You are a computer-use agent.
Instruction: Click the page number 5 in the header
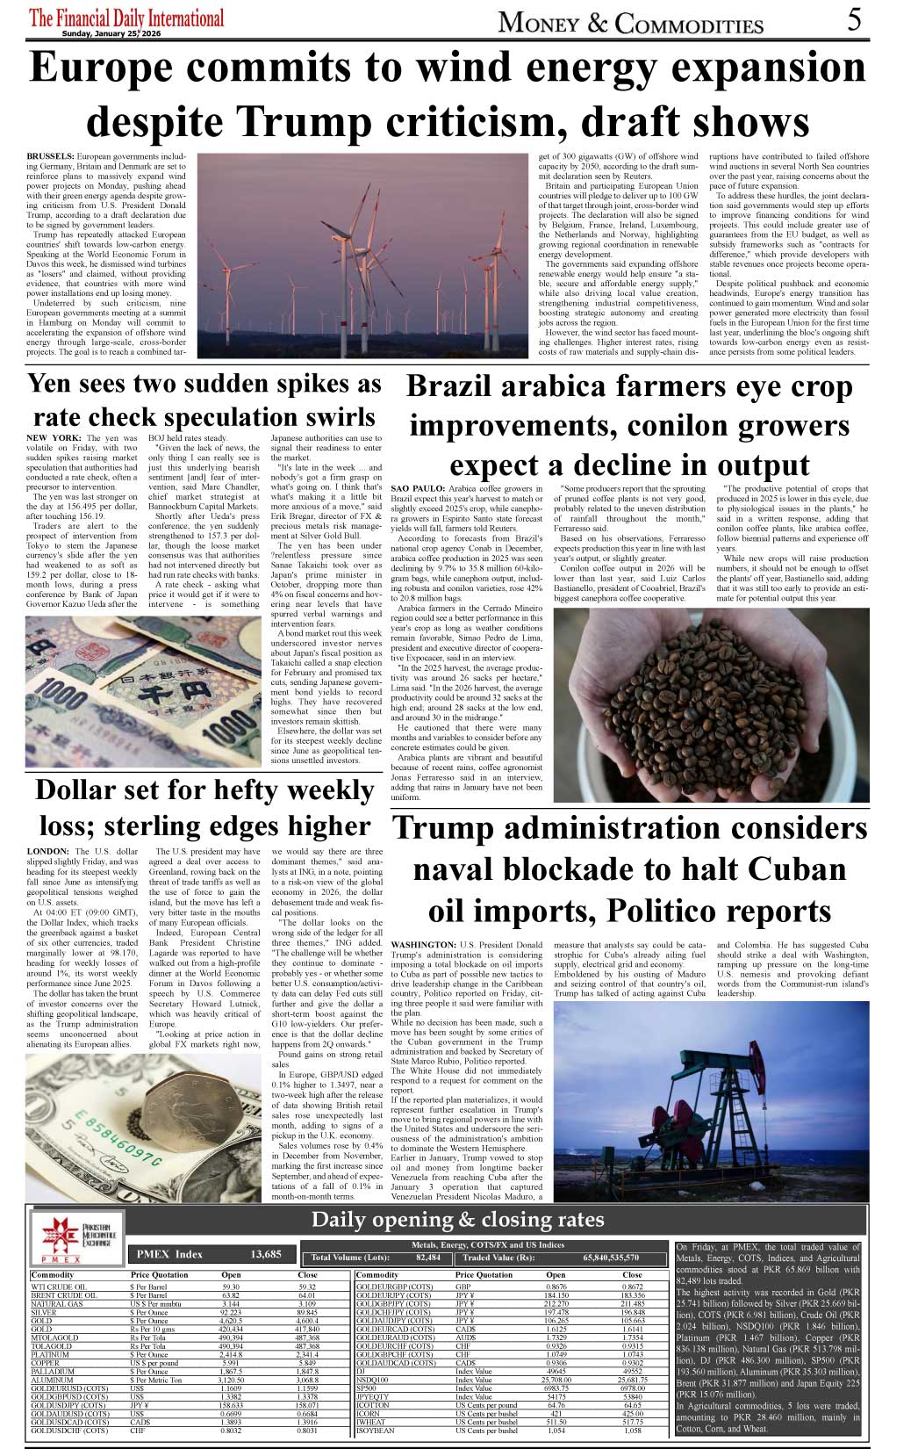click(x=855, y=19)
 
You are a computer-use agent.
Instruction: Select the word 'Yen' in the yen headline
click(x=56, y=384)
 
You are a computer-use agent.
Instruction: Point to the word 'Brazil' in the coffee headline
click(x=462, y=387)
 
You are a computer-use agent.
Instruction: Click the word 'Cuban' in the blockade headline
click(x=785, y=869)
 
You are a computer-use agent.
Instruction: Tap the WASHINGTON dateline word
click(x=423, y=945)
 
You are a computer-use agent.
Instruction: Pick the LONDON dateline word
click(x=48, y=851)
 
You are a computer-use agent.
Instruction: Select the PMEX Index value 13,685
click(x=266, y=1254)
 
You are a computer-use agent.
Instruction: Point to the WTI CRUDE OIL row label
click(x=59, y=1287)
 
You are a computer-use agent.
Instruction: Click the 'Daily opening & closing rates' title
click(x=457, y=1219)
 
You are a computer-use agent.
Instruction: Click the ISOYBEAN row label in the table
click(x=377, y=1431)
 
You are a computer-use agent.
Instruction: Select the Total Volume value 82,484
click(x=428, y=1258)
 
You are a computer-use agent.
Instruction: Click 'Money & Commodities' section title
click(x=630, y=23)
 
